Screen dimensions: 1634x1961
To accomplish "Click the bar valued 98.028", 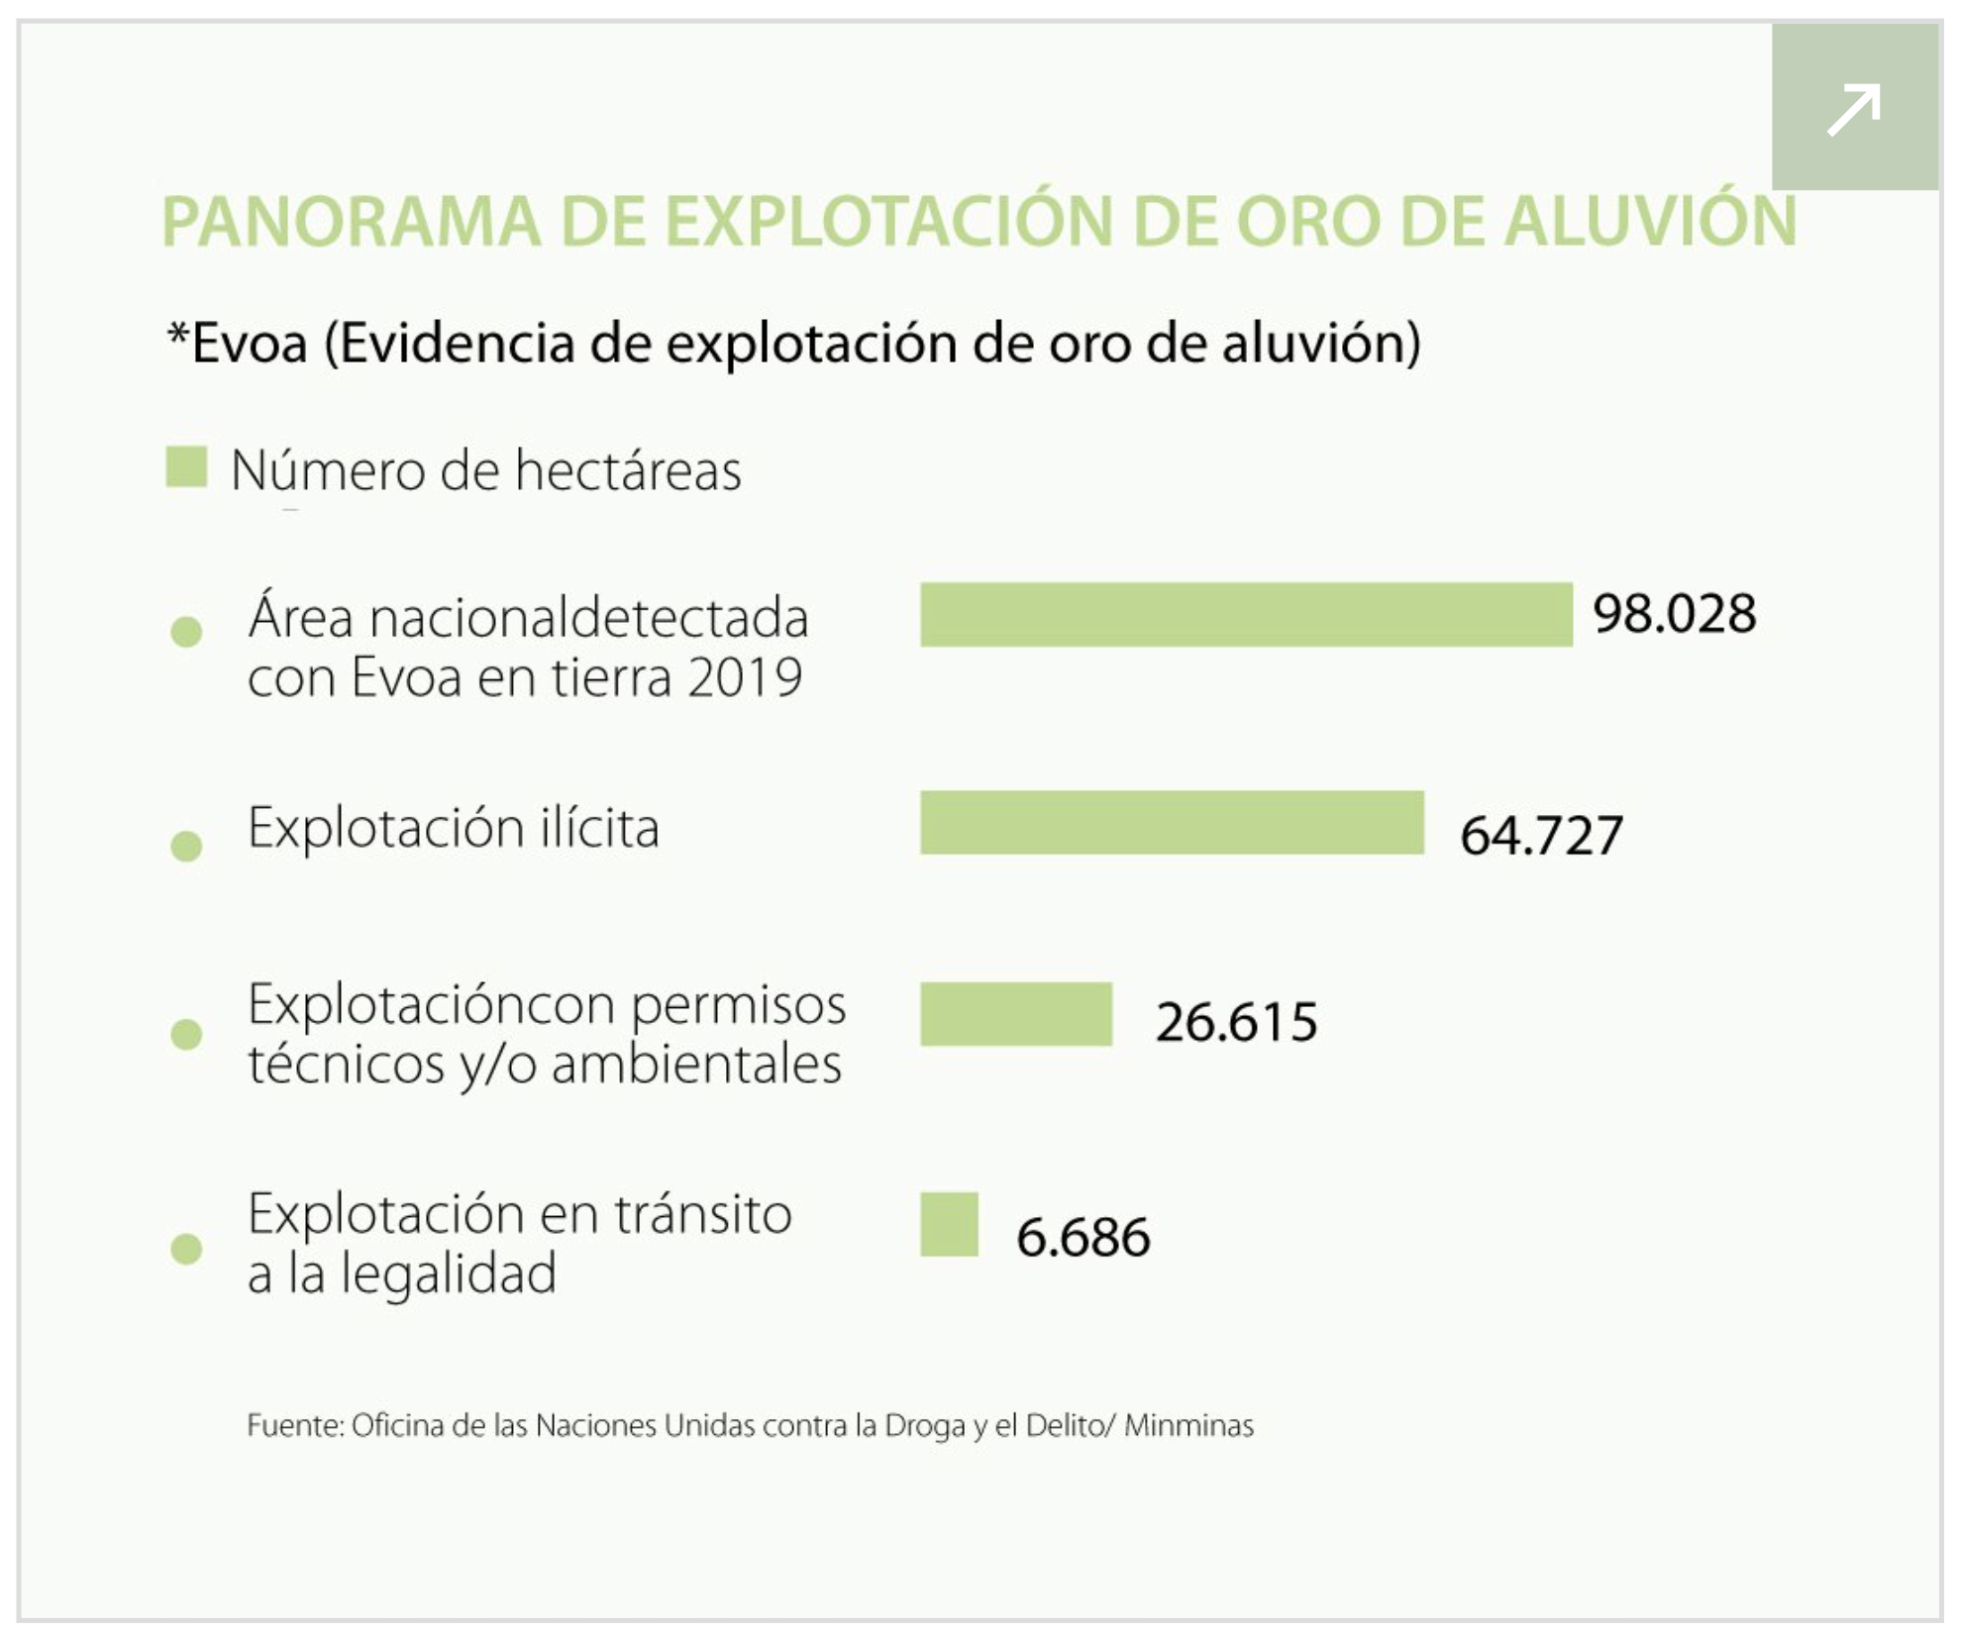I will (1246, 614).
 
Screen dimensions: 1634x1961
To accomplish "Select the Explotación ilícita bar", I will (1172, 822).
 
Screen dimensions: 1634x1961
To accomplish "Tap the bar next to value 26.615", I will (1016, 1013).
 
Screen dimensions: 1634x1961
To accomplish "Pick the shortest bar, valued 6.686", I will (949, 1224).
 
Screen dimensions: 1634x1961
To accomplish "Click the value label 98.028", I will (1674, 614).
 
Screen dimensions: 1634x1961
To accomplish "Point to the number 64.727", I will (1541, 835).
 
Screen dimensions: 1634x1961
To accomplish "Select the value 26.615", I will (1236, 1022).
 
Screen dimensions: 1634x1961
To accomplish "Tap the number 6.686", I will (1083, 1237).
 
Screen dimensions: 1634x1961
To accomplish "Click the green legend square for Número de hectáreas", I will (186, 467).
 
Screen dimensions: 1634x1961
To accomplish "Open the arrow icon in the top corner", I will (1853, 108).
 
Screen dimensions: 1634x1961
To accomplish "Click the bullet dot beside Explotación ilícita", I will (186, 846).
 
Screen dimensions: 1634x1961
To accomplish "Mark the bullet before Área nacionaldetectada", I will (186, 631).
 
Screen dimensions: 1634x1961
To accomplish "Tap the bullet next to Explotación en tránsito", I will (186, 1248).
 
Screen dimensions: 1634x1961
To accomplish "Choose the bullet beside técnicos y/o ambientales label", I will (186, 1034).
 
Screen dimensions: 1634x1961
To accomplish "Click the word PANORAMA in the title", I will (352, 221).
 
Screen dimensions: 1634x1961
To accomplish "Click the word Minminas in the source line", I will (1188, 1426).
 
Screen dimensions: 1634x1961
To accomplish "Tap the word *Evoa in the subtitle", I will (238, 344).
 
